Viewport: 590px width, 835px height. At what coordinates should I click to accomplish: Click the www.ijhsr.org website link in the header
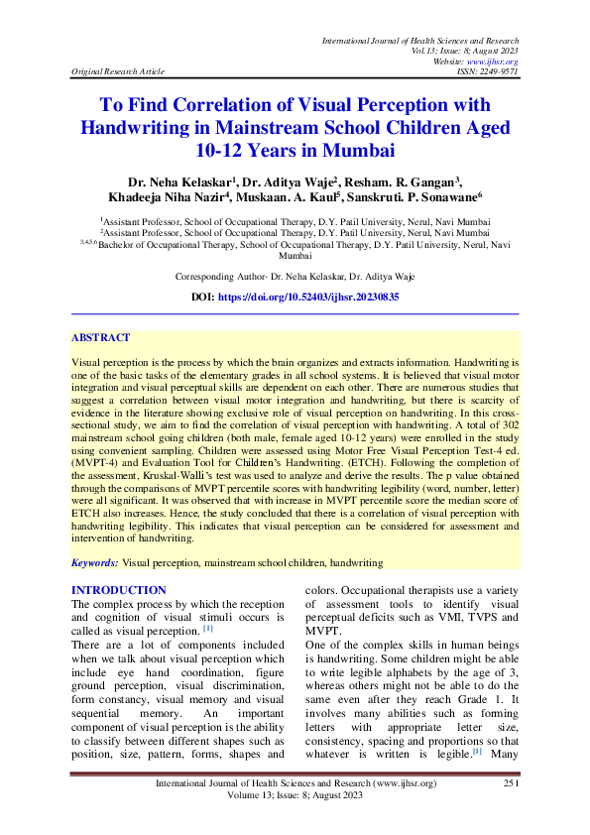499,61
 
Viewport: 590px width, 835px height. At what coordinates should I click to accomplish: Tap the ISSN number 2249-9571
496,72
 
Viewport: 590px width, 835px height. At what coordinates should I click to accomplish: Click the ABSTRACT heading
101,337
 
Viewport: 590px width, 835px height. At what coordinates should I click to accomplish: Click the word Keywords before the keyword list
94,562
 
